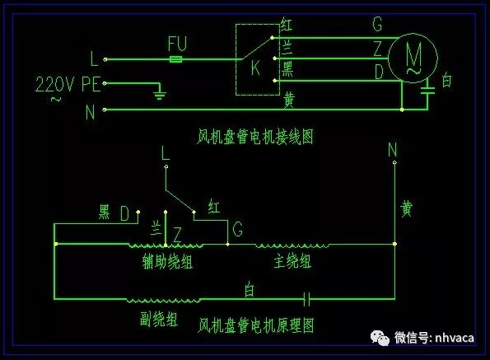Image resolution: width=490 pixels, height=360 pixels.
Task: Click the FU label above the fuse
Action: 177,42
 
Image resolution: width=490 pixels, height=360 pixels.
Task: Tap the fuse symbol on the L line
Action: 176,59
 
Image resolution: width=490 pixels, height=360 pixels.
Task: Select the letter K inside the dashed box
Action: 255,69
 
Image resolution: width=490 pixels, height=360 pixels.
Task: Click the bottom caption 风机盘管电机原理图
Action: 256,325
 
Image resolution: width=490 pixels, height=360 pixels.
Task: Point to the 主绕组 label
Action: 292,262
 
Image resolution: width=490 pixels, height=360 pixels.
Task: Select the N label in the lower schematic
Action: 393,151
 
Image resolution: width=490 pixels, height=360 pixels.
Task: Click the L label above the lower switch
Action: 166,152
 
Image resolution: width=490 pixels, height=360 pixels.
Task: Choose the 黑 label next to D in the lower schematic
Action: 104,213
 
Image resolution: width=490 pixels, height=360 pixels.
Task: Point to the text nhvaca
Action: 455,337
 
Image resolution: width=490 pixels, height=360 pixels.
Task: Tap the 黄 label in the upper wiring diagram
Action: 289,100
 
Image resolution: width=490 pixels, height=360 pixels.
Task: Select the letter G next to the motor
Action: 377,26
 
